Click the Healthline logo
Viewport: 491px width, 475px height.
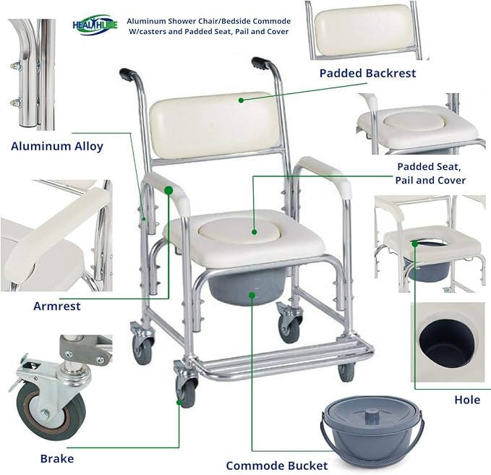point(94,25)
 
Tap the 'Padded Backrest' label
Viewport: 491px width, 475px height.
point(367,73)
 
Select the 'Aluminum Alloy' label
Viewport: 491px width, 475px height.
point(57,146)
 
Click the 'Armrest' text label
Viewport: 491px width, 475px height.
point(57,306)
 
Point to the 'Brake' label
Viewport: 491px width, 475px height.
point(56,458)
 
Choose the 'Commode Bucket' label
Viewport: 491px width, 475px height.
point(276,466)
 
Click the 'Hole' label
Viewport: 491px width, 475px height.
point(467,400)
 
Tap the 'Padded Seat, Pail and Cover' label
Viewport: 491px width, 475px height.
point(431,173)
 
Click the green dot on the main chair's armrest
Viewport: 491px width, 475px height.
point(168,190)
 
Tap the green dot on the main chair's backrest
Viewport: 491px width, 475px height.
point(242,100)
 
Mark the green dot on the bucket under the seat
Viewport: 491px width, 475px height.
point(252,294)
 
